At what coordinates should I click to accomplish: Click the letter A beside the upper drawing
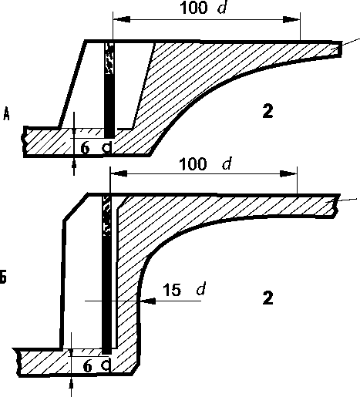coord(6,114)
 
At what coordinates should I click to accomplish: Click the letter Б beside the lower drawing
coord(3,277)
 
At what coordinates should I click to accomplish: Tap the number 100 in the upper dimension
coord(193,8)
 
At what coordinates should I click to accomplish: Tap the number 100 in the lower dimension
coord(193,163)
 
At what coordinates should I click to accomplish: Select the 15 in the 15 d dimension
coord(172,290)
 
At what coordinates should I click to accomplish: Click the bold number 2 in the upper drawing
coord(267,111)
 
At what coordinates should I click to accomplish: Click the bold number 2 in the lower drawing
coord(267,298)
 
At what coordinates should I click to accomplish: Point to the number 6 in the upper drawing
coord(85,148)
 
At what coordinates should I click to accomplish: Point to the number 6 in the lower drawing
coord(88,366)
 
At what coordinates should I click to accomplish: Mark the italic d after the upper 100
coord(223,8)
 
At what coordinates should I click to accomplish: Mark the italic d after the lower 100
coord(227,163)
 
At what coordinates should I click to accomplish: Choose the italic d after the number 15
coord(201,289)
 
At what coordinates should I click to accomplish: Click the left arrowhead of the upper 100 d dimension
coord(122,19)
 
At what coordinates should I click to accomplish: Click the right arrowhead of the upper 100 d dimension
coord(291,19)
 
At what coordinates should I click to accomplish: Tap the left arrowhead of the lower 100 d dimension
coord(119,173)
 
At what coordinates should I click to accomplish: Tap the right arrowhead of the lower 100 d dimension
coord(288,173)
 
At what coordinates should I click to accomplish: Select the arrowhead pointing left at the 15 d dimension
coord(148,301)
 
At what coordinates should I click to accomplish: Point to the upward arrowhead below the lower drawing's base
coord(71,385)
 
